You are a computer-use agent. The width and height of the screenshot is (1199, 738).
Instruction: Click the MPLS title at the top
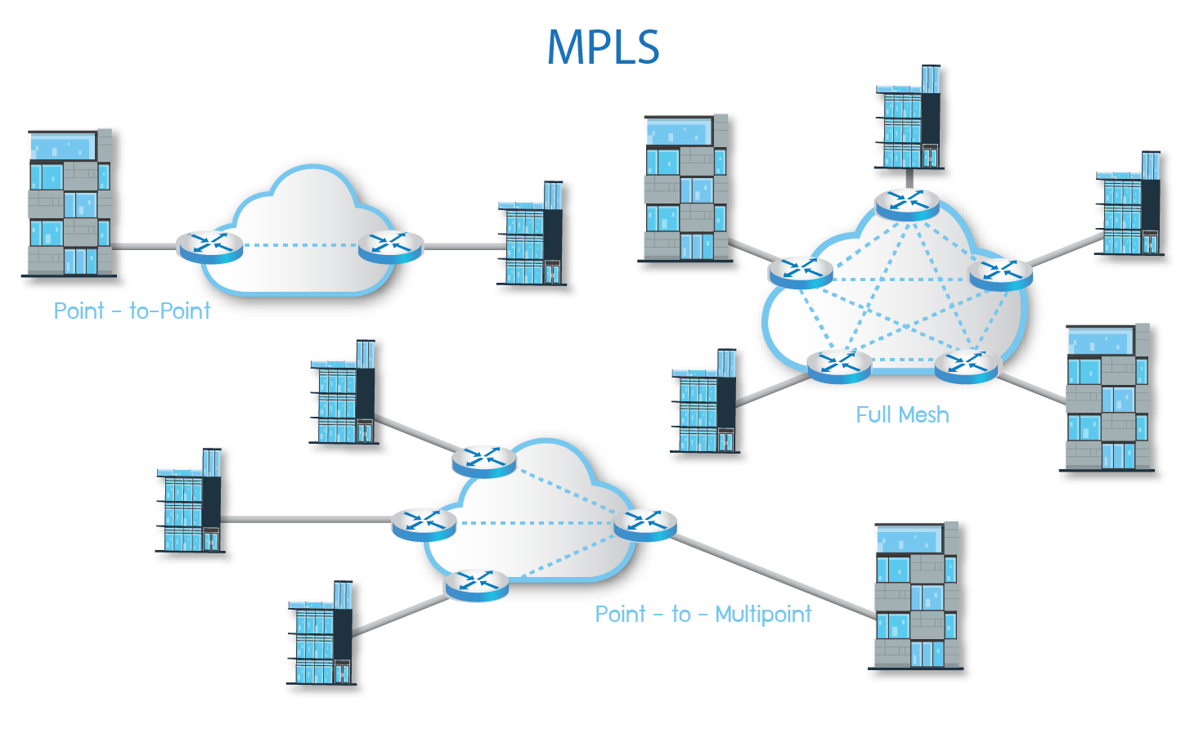603,47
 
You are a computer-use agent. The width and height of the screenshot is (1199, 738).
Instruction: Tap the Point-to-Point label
132,311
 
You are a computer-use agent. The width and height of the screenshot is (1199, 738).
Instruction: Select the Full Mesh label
902,415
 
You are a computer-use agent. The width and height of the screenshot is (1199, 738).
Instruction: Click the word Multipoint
763,615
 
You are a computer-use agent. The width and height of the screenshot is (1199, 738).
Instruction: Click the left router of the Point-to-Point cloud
210,245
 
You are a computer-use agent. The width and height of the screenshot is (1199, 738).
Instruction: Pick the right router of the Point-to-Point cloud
391,245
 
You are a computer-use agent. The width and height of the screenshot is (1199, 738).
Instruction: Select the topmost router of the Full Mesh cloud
907,202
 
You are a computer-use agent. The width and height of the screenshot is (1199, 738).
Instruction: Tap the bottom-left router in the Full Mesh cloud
839,365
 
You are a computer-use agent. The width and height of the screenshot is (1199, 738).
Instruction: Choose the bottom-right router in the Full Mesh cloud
967,365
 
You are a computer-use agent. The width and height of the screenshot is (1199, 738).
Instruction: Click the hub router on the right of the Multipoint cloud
645,524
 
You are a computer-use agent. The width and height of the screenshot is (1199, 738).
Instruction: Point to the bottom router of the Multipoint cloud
476,584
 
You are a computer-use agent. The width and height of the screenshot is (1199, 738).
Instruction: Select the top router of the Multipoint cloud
484,461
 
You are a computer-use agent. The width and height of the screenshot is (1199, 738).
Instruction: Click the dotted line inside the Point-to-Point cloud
300,244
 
